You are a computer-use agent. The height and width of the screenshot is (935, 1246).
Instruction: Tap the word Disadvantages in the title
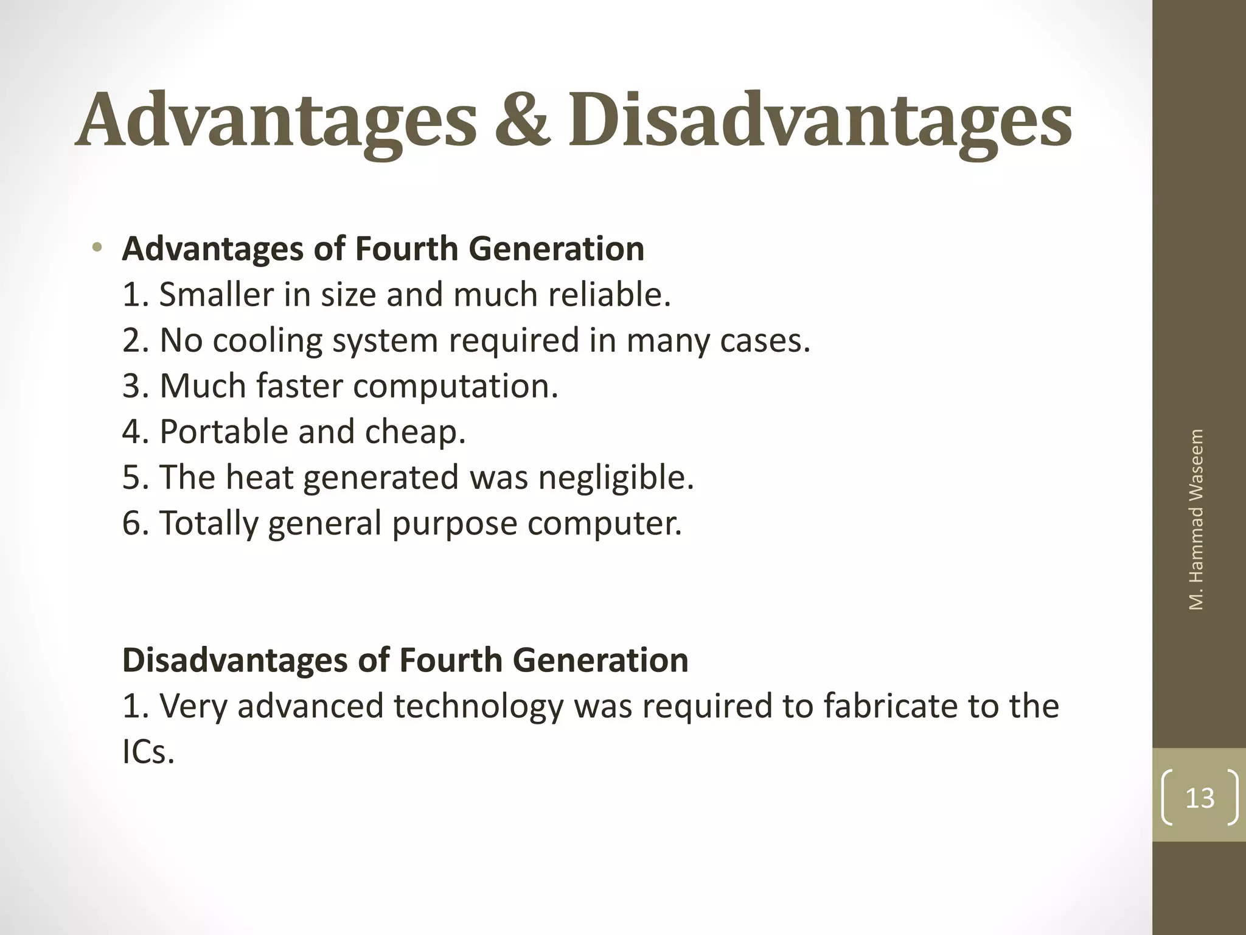coord(820,119)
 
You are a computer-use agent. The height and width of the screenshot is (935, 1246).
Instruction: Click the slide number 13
coord(1200,798)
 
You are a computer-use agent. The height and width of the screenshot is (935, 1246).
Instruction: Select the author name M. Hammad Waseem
coord(1196,519)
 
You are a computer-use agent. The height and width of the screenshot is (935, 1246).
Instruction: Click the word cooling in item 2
coord(268,340)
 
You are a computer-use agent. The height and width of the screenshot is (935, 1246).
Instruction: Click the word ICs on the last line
coord(148,752)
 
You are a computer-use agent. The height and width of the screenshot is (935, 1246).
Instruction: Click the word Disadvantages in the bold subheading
coord(234,660)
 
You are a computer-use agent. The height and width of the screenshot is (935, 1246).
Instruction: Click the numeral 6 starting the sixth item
coord(131,523)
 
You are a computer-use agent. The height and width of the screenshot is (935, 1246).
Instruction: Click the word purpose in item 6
coord(454,523)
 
